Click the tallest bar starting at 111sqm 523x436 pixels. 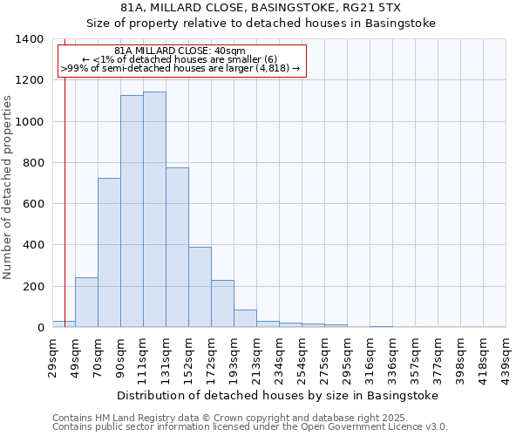pos(154,209)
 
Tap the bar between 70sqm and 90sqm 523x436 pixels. pos(109,253)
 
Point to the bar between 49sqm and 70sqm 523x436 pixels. pos(86,303)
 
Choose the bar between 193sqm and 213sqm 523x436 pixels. pos(245,318)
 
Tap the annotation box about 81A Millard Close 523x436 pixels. pos(183,60)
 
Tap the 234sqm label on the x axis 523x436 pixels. pos(280,356)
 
